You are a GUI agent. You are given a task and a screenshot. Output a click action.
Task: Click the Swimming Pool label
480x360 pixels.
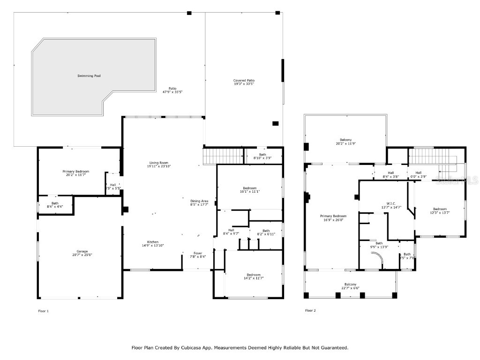click(x=89, y=76)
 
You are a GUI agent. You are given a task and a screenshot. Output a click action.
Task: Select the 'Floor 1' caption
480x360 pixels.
click(x=43, y=311)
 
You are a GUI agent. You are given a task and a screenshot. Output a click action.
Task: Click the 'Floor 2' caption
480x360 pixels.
click(x=310, y=311)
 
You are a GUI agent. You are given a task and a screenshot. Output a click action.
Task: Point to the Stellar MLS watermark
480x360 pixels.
click(x=457, y=180)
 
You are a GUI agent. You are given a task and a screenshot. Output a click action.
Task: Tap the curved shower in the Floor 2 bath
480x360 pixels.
click(x=376, y=257)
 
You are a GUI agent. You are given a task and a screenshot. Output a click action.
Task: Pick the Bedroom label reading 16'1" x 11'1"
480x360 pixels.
click(x=249, y=190)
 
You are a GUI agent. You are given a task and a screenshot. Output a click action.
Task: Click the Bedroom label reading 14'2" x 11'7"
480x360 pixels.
click(x=254, y=277)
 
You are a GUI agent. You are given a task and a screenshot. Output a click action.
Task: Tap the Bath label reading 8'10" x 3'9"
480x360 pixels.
click(x=262, y=156)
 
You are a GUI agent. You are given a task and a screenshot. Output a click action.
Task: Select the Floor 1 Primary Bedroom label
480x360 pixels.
click(x=75, y=173)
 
